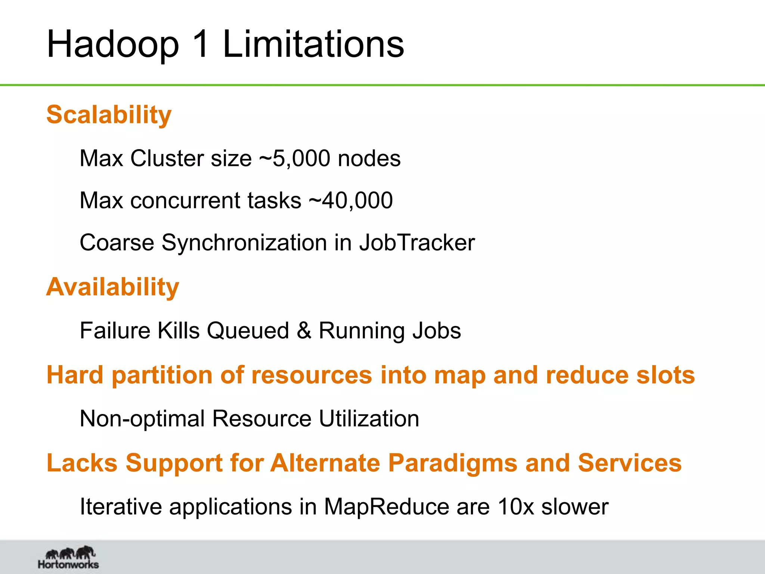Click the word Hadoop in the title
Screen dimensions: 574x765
[x=113, y=45]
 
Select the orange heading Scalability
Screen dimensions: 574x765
[x=109, y=115]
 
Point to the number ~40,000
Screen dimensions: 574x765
[x=351, y=200]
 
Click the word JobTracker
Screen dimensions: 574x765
[x=417, y=243]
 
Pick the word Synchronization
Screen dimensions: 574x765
[x=244, y=243]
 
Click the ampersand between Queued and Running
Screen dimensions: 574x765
[x=304, y=331]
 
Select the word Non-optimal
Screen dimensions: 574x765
[x=142, y=419]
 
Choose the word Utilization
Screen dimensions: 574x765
[x=369, y=419]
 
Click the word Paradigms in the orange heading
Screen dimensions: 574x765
[x=453, y=463]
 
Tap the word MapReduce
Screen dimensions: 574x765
[x=386, y=507]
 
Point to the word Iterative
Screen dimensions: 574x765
[x=121, y=507]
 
